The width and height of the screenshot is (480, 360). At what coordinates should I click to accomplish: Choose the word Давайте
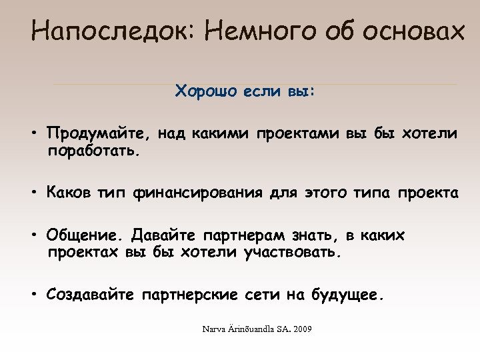(x=163, y=237)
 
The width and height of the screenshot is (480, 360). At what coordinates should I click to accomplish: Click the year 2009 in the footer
(x=303, y=330)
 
